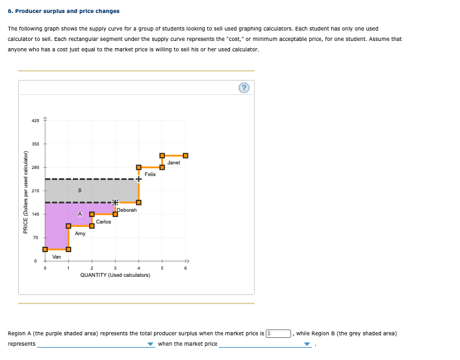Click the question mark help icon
pos(244,89)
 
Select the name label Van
pos(57,257)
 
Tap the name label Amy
pos(80,233)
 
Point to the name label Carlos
pos(103,222)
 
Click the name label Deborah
pos(127,210)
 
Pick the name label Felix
pos(150,174)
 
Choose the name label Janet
pos(173,162)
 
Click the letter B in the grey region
pos(79,190)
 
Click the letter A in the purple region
pos(79,214)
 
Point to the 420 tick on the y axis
pos(35,120)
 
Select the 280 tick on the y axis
pos(35,167)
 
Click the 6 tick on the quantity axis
pos(185,268)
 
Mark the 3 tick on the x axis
pos(115,268)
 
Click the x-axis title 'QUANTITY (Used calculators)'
pos(115,275)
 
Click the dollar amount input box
pos(280,333)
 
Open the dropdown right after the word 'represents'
pos(96,344)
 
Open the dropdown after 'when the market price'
pos(265,344)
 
